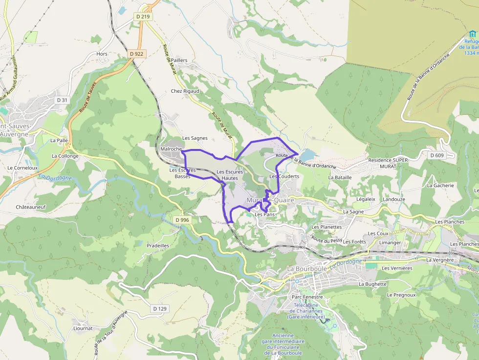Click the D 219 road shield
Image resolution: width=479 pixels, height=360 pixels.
point(143,17)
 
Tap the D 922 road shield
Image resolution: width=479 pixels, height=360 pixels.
point(137,54)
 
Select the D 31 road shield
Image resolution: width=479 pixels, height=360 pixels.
point(62,100)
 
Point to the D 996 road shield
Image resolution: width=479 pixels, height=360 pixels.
point(182,220)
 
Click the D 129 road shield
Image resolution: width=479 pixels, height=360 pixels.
point(160,309)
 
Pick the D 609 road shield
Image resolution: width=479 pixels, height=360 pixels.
point(437,155)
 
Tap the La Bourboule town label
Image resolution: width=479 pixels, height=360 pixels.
point(307,269)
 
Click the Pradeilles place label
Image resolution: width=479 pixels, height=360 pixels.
point(158,246)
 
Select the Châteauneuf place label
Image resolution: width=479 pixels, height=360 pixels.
point(31,207)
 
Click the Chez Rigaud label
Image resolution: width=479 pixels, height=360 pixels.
point(185,91)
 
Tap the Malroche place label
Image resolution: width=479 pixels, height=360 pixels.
point(171,149)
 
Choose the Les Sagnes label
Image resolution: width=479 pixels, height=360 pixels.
point(195,138)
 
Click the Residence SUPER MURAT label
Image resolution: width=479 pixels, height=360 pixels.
point(388,163)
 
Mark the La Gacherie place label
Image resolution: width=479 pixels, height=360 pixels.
point(440,186)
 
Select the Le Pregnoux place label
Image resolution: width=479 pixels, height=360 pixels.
point(401,295)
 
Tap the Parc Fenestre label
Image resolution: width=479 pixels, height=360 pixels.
point(307,297)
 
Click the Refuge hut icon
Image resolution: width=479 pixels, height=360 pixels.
point(472,34)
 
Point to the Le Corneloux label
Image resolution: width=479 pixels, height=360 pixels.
point(22,168)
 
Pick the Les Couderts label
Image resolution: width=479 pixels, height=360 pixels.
point(284,176)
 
